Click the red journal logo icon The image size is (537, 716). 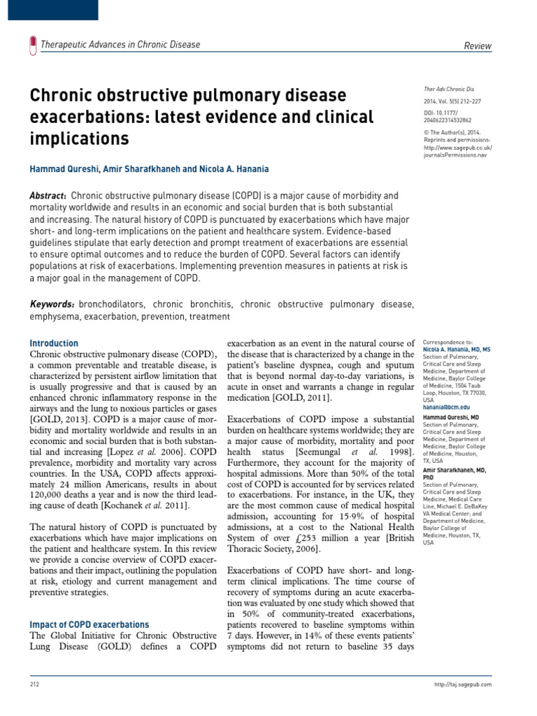tap(32, 45)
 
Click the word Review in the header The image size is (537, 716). tap(478, 46)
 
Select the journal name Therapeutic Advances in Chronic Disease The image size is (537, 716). tap(120, 45)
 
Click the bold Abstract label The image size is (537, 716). tap(48, 196)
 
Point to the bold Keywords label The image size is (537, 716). tap(52, 304)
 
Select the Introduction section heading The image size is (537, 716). tap(54, 343)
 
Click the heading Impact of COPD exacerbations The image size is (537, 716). tap(89, 624)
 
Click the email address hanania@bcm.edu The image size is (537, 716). tap(446, 406)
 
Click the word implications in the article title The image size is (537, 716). tap(79, 139)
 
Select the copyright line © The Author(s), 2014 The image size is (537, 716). tap(453, 131)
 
